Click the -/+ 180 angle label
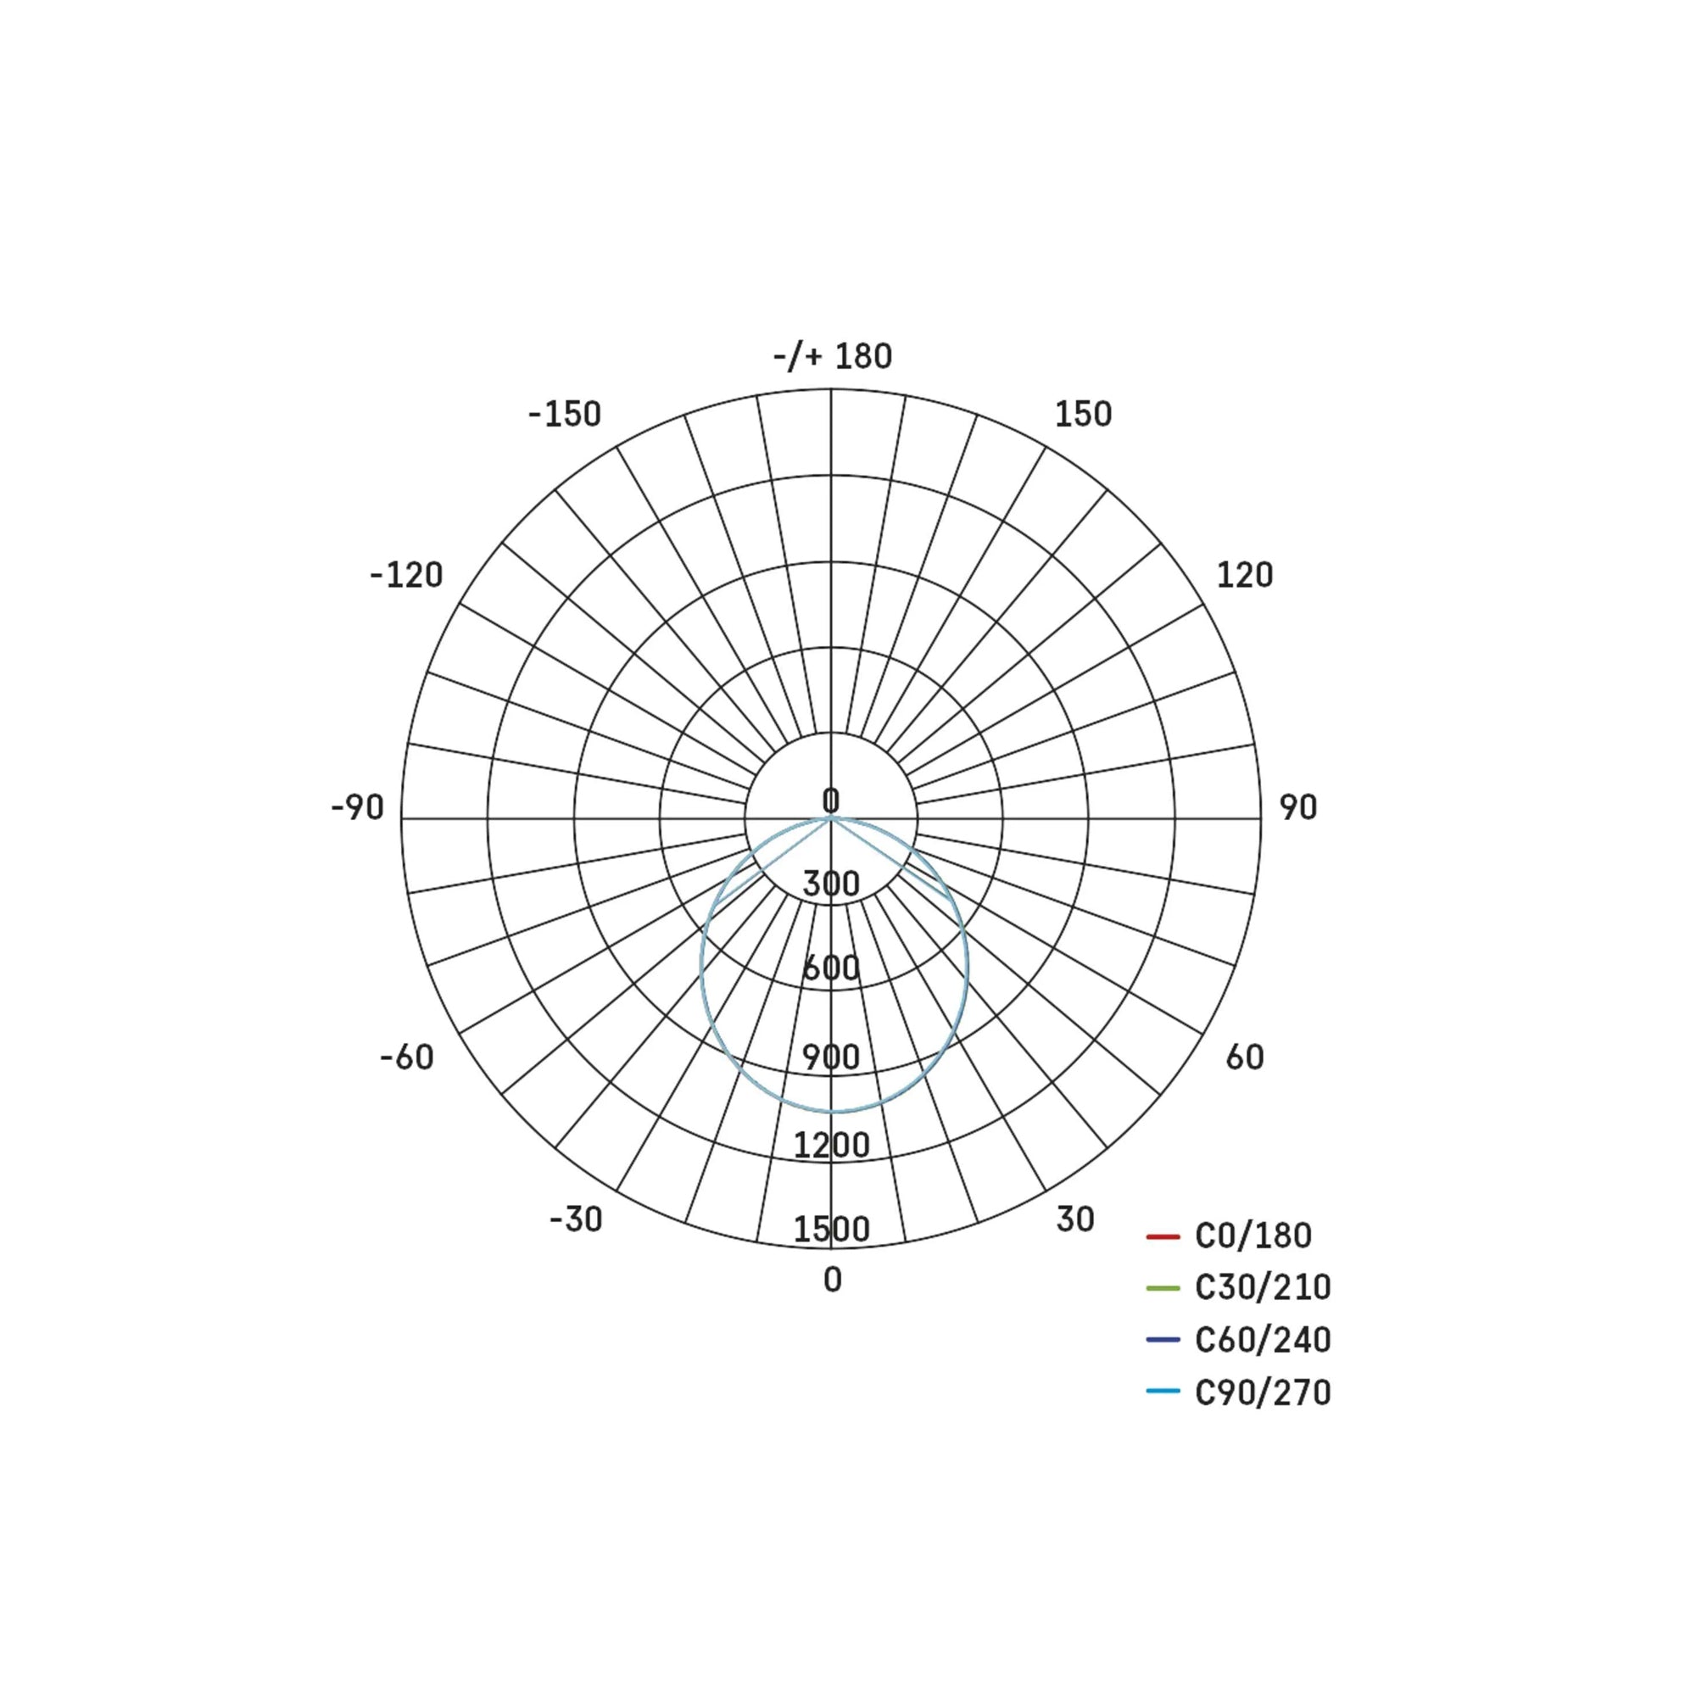pyautogui.click(x=832, y=356)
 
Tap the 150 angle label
pyautogui.click(x=1082, y=415)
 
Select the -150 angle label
pyautogui.click(x=565, y=415)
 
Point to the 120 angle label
pyautogui.click(x=1244, y=576)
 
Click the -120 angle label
pyautogui.click(x=406, y=576)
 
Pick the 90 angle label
pyautogui.click(x=1297, y=807)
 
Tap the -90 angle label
pyautogui.click(x=357, y=807)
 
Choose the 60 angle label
pyautogui.click(x=1244, y=1057)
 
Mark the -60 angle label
pyautogui.click(x=406, y=1057)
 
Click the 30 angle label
pyautogui.click(x=1074, y=1219)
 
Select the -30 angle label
pyautogui.click(x=576, y=1219)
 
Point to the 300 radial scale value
pyautogui.click(x=830, y=884)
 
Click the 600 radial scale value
pyautogui.click(x=830, y=968)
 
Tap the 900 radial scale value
pyautogui.click(x=830, y=1057)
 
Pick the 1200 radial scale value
pyautogui.click(x=830, y=1145)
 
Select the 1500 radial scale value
pyautogui.click(x=830, y=1229)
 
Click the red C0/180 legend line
pyautogui.click(x=1163, y=1237)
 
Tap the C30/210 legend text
pyautogui.click(x=1263, y=1288)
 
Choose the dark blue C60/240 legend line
pyautogui.click(x=1163, y=1340)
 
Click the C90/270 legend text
pyautogui.click(x=1263, y=1392)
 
